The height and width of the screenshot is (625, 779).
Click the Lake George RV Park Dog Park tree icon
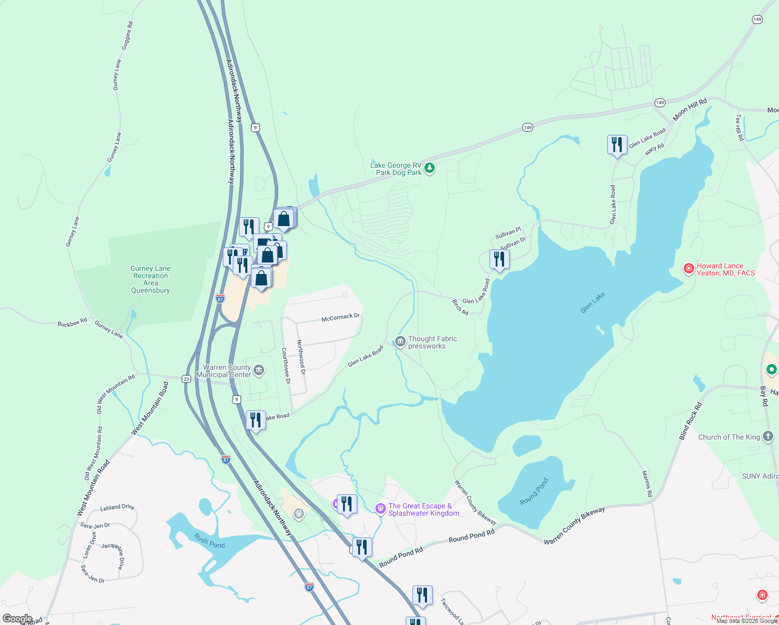pos(430,168)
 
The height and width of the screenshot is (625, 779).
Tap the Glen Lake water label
pos(593,303)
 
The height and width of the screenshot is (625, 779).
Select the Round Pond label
pos(534,492)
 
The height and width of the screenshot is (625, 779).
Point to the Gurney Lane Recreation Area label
pos(150,279)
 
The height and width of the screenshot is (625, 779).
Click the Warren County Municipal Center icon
pos(259,371)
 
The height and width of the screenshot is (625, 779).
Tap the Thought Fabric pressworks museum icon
pos(400,342)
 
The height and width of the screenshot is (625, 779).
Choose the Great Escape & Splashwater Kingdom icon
pos(381,508)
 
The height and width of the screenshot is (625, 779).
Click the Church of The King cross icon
pos(768,436)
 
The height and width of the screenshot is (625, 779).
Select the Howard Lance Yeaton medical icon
pos(689,269)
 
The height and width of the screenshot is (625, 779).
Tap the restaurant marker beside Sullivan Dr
pos(499,259)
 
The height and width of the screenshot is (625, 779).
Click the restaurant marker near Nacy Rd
pos(617,144)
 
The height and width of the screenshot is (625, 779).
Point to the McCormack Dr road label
pos(341,317)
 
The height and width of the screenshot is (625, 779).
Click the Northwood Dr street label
pos(301,357)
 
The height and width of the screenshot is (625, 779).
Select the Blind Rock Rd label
pos(690,421)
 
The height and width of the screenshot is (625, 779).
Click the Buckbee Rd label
pos(72,323)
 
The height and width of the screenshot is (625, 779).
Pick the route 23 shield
pos(186,379)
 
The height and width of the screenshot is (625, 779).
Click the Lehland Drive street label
pos(117,507)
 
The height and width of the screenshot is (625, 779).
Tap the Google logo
pos(17,619)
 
